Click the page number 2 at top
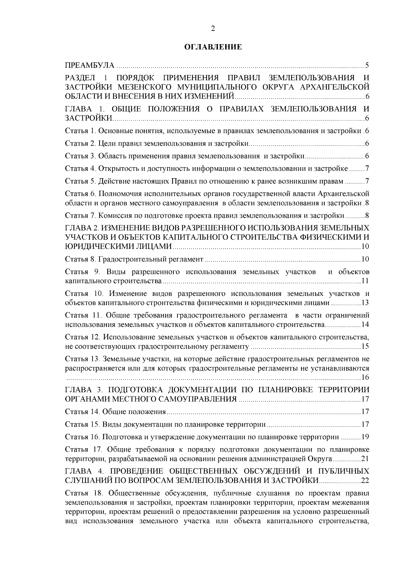point(213,29)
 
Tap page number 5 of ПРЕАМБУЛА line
point(367,65)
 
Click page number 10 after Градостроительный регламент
point(365,259)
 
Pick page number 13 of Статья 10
point(365,303)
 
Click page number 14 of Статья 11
point(365,324)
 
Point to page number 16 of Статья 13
point(365,378)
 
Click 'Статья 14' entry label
point(81,412)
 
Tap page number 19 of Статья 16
point(365,437)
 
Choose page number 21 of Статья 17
point(365,459)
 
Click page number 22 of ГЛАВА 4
point(365,480)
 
